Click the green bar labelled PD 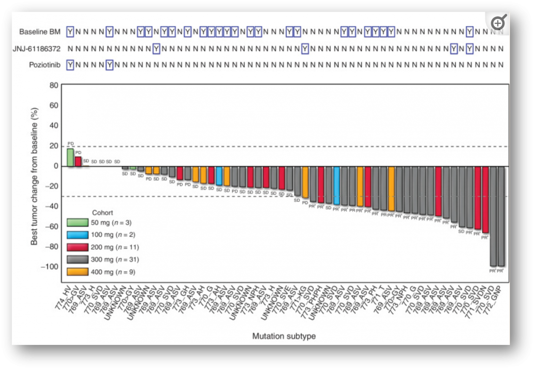pyautogui.click(x=70, y=157)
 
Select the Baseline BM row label pyautogui.click(x=40, y=32)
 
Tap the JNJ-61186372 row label pyautogui.click(x=37, y=49)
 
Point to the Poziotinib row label pyautogui.click(x=44, y=65)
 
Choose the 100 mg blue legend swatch pyautogui.click(x=78, y=235)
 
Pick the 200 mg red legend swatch pyautogui.click(x=78, y=248)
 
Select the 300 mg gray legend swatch pyautogui.click(x=78, y=260)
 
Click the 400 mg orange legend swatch pyautogui.click(x=78, y=272)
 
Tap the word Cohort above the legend pyautogui.click(x=102, y=213)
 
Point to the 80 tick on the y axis pyautogui.click(x=54, y=85)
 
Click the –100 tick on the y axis pyautogui.click(x=49, y=267)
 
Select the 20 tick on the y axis pyautogui.click(x=54, y=146)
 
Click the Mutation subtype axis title pyautogui.click(x=284, y=336)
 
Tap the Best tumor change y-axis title pyautogui.click(x=34, y=176)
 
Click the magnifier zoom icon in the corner pyautogui.click(x=498, y=23)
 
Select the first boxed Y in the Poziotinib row pyautogui.click(x=70, y=65)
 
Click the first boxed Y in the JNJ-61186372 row pyautogui.click(x=156, y=49)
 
